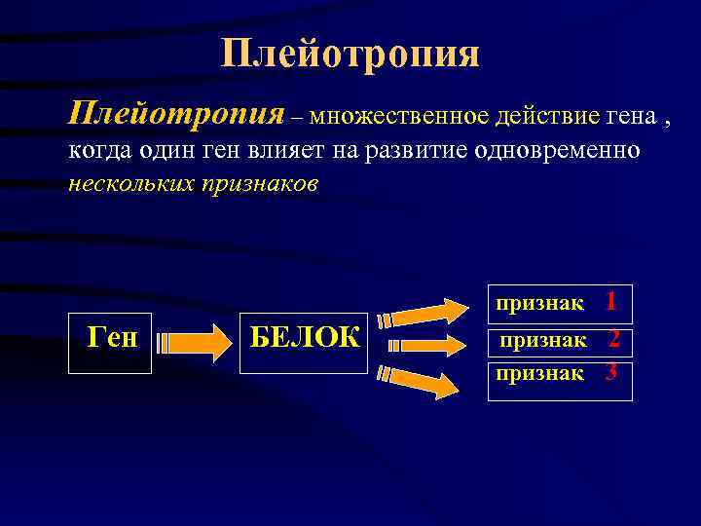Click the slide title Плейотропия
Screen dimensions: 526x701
pos(350,54)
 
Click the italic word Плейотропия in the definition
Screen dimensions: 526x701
pos(176,114)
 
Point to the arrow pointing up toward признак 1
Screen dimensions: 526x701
pos(423,313)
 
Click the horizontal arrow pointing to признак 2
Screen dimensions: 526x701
pos(423,345)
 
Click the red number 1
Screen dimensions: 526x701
pos(610,302)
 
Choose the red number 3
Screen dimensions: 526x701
pos(611,372)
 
